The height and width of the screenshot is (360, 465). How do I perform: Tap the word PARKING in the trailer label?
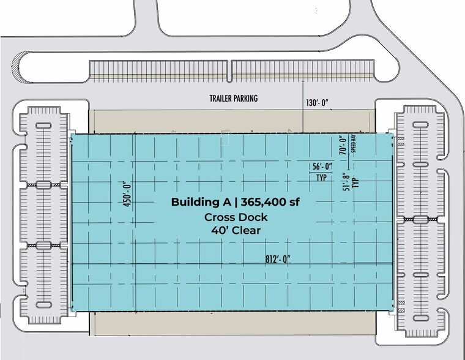click(x=245, y=99)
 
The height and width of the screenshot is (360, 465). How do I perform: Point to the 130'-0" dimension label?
click(x=318, y=103)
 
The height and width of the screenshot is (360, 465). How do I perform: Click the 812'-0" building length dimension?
click(x=278, y=259)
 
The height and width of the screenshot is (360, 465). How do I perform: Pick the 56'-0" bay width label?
click(x=321, y=167)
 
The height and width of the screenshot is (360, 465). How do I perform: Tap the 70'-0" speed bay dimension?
click(x=343, y=145)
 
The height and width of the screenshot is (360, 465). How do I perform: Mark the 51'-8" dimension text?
click(x=346, y=182)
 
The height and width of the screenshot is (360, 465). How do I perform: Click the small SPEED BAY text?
click(x=353, y=144)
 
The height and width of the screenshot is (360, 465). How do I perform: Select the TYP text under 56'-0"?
click(x=321, y=178)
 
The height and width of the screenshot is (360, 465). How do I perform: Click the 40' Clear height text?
click(x=236, y=230)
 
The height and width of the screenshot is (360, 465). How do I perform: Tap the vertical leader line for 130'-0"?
click(x=302, y=107)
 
